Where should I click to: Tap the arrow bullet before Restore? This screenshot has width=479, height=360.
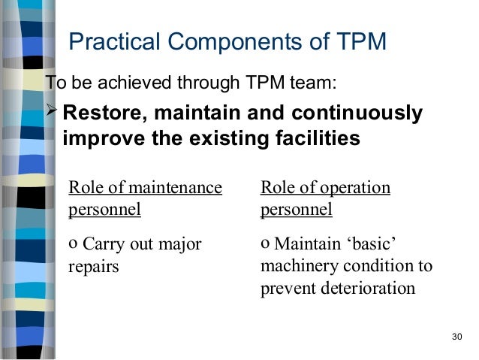point(53,113)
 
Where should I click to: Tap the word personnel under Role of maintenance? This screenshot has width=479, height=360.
point(104,209)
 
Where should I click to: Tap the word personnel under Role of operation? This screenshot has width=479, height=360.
point(297,209)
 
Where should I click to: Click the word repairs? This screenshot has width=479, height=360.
point(94,267)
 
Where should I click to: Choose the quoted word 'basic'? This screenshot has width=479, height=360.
point(371,244)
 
